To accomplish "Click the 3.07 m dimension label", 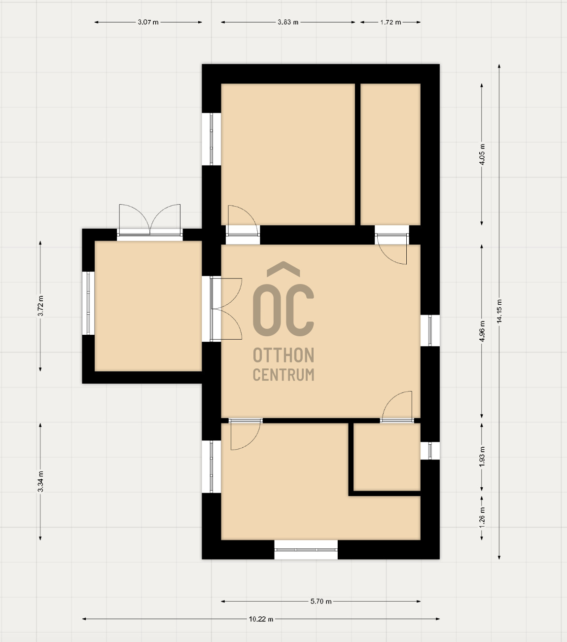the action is tap(148, 22).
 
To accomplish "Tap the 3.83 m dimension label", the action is tap(288, 22).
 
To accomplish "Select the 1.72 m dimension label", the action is tap(390, 22).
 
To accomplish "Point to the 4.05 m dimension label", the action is tap(482, 154).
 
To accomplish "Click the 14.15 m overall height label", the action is tap(499, 311).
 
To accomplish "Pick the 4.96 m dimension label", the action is tap(482, 331).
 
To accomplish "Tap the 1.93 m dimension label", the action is tap(482, 456).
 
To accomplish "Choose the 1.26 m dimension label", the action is tap(482, 517).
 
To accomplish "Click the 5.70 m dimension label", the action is tap(321, 601).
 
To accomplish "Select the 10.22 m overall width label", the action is tap(261, 619).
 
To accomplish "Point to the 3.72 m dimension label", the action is tap(40, 306).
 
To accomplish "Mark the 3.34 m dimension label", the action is tap(40, 481).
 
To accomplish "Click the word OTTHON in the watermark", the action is tap(283, 355).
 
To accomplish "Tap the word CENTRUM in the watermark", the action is tap(283, 375).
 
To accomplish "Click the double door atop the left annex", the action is tap(149, 221).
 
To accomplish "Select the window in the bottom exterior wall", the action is tap(306, 549).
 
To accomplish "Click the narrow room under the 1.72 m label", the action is tap(390, 154).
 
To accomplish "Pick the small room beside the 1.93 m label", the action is tap(387, 457).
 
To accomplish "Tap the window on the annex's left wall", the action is tap(88, 303).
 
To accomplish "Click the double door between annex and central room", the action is tap(222, 309).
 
